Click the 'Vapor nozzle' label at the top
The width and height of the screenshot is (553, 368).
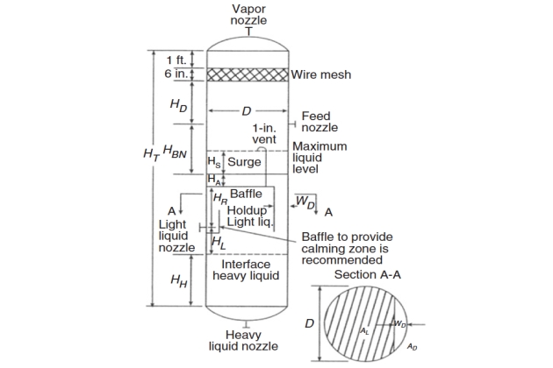[x=248, y=14]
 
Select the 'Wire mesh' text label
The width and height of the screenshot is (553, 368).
[x=321, y=75]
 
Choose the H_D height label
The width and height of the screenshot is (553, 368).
[x=178, y=106]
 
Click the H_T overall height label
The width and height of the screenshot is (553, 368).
[x=150, y=153]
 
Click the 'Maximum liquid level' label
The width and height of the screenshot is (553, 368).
[x=319, y=157]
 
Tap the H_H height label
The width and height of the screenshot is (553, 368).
[x=178, y=280]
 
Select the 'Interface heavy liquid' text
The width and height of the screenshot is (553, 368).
[x=246, y=270]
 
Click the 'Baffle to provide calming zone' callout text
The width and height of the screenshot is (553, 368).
[x=347, y=248]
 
